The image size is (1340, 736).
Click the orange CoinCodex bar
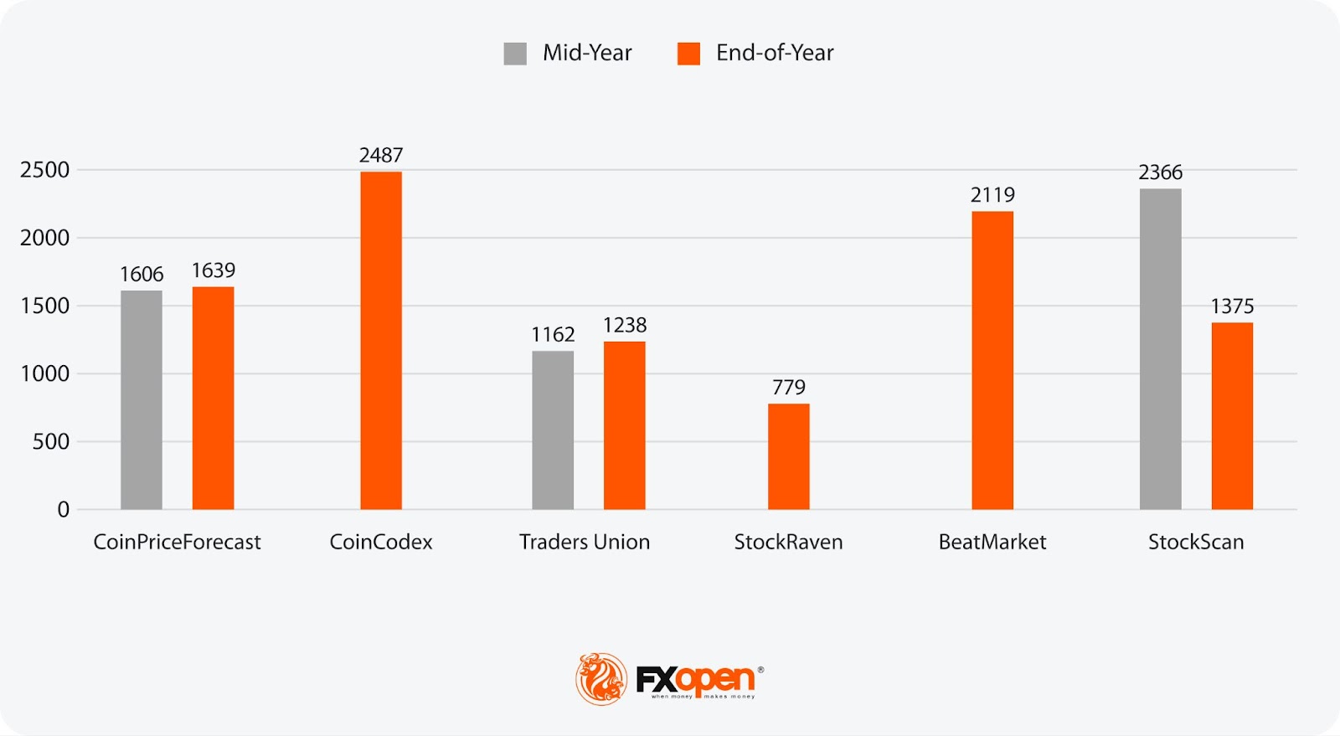pyautogui.click(x=381, y=340)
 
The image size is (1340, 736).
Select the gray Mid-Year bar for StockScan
pyautogui.click(x=1160, y=348)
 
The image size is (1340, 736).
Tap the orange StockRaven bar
pyautogui.click(x=788, y=456)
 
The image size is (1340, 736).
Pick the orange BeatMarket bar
pyautogui.click(x=992, y=360)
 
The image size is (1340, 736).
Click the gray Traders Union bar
pyautogui.click(x=553, y=430)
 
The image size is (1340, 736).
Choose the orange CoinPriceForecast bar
pyautogui.click(x=213, y=398)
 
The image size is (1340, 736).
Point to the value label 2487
pyautogui.click(x=381, y=155)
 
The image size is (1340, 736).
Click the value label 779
pyautogui.click(x=788, y=387)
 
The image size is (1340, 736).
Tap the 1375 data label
pyautogui.click(x=1232, y=306)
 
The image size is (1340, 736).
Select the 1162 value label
pyautogui.click(x=553, y=335)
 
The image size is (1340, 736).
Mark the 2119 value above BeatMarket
pyautogui.click(x=992, y=195)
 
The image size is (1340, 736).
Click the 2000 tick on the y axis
pyautogui.click(x=44, y=238)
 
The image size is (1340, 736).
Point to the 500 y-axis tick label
pyautogui.click(x=50, y=441)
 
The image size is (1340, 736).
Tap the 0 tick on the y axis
pyautogui.click(x=63, y=509)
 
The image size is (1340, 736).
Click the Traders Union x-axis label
pyautogui.click(x=584, y=542)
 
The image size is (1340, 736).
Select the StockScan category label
pyautogui.click(x=1195, y=542)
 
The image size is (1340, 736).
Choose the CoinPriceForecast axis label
pyautogui.click(x=177, y=542)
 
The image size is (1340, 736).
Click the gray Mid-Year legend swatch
pyautogui.click(x=515, y=54)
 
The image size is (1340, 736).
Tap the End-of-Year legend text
pyautogui.click(x=775, y=53)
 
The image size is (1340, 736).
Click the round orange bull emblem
pyautogui.click(x=600, y=678)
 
